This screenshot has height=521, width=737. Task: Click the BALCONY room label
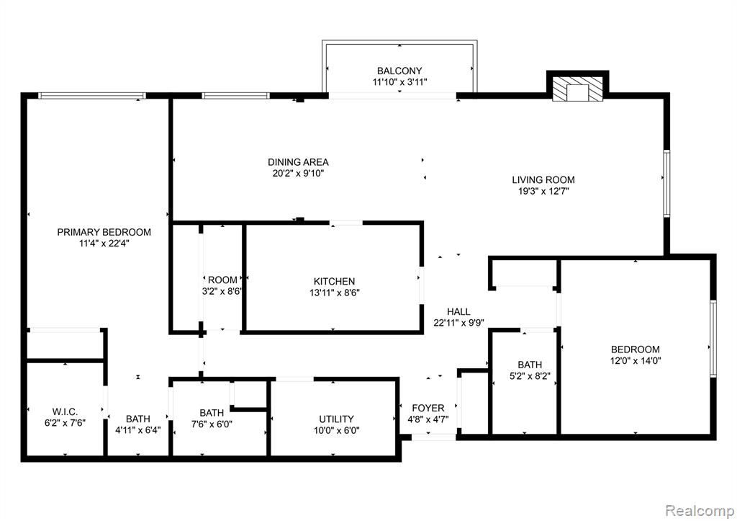point(399,71)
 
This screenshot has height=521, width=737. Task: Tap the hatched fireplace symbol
point(577,88)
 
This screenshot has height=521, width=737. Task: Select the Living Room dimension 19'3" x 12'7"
point(543,192)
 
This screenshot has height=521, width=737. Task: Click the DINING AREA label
point(298,162)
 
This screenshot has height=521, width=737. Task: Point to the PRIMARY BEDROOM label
point(104,232)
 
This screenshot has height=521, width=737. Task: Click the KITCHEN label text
point(334,282)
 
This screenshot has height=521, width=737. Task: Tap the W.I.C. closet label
point(65,411)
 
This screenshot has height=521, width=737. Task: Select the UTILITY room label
point(337,419)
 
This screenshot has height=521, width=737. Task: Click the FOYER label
point(428,408)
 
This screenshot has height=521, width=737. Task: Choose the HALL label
point(458,311)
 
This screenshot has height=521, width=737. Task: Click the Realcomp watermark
point(700,510)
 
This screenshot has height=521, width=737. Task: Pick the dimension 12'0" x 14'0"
point(636,361)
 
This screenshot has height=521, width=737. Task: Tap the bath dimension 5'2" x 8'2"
point(530,376)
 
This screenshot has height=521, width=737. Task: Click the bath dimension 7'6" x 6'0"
point(212,424)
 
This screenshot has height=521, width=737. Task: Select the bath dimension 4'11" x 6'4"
point(138,429)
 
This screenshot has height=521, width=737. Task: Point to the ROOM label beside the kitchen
point(222,280)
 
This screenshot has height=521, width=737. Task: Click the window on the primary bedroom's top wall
point(92,96)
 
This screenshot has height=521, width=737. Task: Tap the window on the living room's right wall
point(666,184)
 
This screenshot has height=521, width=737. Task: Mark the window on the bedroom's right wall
point(713,339)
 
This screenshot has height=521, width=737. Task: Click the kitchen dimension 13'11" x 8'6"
point(334,293)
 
